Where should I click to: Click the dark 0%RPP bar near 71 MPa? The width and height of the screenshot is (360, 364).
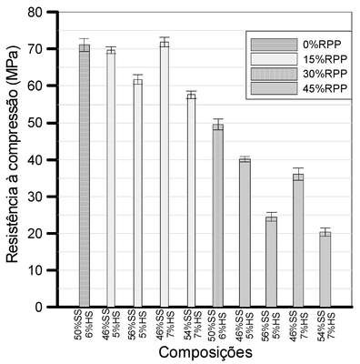(85, 176)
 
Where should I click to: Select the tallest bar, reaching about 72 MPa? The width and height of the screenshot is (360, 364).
(165, 175)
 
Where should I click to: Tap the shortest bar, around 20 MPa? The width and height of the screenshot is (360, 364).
(325, 269)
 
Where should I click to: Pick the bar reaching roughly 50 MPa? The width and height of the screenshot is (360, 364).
(218, 216)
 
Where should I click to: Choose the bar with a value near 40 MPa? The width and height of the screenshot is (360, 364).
(245, 233)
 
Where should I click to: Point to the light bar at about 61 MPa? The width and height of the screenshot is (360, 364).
(138, 193)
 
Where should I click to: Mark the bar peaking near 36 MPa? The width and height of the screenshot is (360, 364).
(298, 240)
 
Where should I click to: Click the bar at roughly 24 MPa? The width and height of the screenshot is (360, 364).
(271, 262)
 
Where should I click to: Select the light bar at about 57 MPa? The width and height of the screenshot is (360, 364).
(191, 200)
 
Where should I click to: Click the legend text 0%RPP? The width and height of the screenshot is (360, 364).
(322, 45)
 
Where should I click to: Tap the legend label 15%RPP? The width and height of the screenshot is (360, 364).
(325, 59)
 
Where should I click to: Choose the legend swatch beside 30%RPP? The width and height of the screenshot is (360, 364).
(274, 74)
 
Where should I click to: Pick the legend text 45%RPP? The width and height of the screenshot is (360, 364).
(325, 88)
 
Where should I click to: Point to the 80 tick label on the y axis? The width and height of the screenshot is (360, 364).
(35, 12)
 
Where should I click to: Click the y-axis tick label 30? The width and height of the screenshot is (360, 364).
(35, 197)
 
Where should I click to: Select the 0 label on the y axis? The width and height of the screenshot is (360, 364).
(39, 307)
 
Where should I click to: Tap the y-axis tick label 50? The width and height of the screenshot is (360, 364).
(35, 123)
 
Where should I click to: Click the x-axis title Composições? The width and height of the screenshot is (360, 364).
(205, 353)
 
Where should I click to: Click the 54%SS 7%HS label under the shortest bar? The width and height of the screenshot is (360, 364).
(325, 326)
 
